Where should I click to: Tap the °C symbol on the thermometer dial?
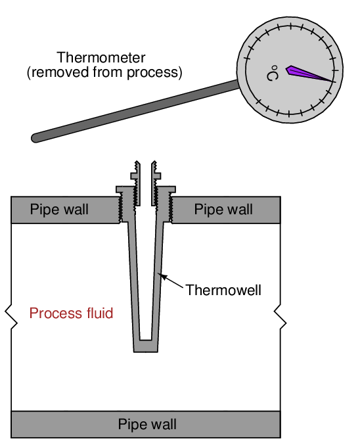click(273, 73)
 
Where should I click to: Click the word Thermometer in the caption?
click(101, 58)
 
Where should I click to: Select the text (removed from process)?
click(104, 72)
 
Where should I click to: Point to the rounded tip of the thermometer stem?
click(35, 138)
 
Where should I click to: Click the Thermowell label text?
click(223, 290)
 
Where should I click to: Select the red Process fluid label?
click(71, 313)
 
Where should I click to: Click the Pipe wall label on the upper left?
click(59, 210)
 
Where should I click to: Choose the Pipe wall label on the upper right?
click(223, 210)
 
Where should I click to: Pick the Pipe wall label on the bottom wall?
click(147, 424)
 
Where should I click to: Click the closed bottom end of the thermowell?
click(146, 346)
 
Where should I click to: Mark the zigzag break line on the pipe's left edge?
click(11, 317)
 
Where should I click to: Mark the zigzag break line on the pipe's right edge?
click(280, 317)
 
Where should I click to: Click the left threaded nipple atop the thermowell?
click(136, 183)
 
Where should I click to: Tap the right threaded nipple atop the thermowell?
click(156, 183)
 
